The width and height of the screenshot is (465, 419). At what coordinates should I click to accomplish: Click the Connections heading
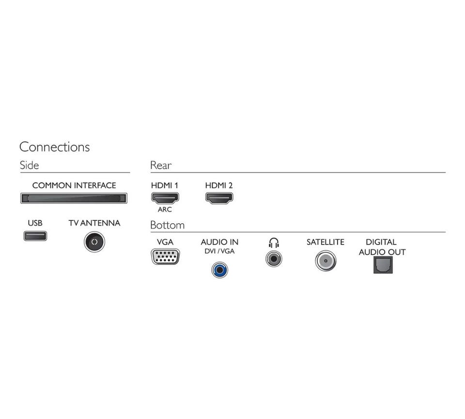pos(55,147)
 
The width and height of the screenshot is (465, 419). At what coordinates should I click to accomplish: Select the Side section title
pos(30,165)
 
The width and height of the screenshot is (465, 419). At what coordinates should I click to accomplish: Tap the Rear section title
pos(161,165)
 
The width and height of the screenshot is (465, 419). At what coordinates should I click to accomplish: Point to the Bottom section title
pos(167,225)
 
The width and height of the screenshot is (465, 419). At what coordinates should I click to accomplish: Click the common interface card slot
pos(74,198)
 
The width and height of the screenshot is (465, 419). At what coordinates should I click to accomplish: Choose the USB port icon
pos(35,236)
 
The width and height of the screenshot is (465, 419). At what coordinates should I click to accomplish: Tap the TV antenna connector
pos(94,242)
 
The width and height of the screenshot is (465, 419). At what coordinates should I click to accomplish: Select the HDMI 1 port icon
pos(165,198)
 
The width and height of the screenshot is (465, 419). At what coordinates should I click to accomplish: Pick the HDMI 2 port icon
pos(219,198)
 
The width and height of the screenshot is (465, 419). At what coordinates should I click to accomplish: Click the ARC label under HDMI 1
pos(165,209)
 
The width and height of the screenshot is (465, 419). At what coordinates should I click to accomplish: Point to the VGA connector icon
pos(166,257)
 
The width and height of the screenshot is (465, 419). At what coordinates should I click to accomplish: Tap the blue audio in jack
pos(220,270)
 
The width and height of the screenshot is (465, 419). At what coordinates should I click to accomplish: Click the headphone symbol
pos(274,243)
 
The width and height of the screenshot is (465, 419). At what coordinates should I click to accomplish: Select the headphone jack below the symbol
pos(274,259)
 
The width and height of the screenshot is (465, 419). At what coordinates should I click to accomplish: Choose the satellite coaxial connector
pos(325,261)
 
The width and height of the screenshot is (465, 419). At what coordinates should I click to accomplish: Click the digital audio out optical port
pos(383,265)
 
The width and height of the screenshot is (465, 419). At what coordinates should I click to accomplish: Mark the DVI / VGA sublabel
pos(219,251)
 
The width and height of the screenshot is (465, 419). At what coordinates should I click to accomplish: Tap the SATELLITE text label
pos(325,242)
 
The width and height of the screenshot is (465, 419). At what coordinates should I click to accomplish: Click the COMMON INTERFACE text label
pos(74,186)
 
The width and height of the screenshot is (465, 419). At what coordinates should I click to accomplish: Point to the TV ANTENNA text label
pos(94,223)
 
